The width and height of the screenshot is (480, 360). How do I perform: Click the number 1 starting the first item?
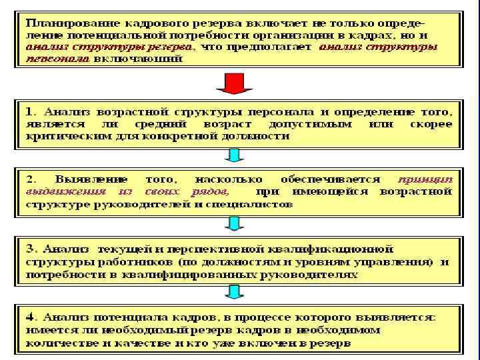point(30,111)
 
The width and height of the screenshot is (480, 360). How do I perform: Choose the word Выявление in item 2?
point(84,179)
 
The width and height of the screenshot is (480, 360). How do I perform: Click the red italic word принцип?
point(425,179)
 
